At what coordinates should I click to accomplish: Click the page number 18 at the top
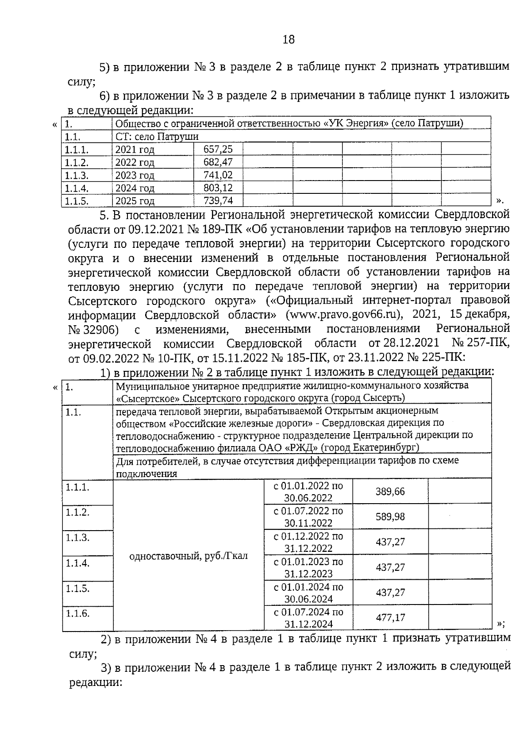click(x=288, y=39)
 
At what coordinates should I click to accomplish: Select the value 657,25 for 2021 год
click(x=218, y=149)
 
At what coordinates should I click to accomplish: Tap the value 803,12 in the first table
click(x=218, y=188)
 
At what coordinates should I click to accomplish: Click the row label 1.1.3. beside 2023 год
click(x=77, y=175)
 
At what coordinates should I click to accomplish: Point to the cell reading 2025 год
click(x=135, y=201)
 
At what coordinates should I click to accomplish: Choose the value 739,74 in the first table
click(x=218, y=201)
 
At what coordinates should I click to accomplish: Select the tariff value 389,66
click(x=390, y=492)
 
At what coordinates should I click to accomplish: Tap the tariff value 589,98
click(x=390, y=517)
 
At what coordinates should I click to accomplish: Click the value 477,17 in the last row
click(x=390, y=617)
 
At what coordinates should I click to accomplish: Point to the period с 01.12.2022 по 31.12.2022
click(x=308, y=542)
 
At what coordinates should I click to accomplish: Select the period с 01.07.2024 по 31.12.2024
click(x=308, y=618)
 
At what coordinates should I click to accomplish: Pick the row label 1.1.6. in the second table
click(x=77, y=613)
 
